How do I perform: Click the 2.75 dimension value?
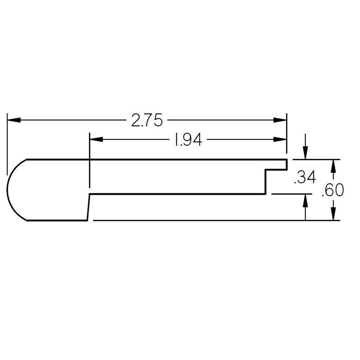click(x=147, y=121)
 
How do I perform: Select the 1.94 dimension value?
click(x=188, y=140)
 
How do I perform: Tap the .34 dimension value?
click(x=305, y=178)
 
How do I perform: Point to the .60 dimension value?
click(x=333, y=190)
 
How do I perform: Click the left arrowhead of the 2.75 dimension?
click(x=13, y=120)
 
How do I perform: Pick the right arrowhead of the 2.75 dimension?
click(x=280, y=120)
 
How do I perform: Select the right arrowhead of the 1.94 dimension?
click(x=280, y=140)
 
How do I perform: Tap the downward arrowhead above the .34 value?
click(x=305, y=153)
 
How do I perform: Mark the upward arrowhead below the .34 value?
click(x=305, y=200)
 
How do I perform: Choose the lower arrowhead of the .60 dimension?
click(x=334, y=214)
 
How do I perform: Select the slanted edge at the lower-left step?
click(x=88, y=207)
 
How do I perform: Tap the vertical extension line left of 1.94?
click(x=89, y=162)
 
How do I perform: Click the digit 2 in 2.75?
click(x=136, y=121)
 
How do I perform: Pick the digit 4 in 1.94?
click(x=196, y=140)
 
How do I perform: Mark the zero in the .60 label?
click(x=338, y=190)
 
